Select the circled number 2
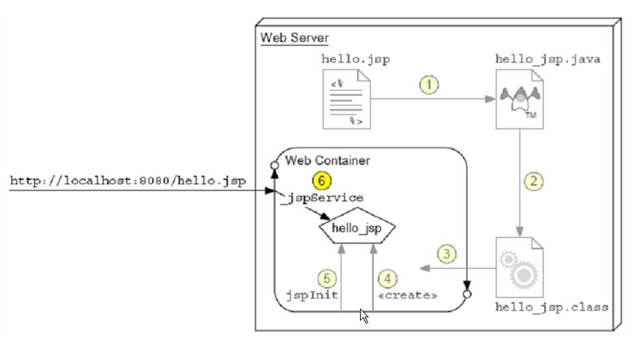point(533,181)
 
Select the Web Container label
point(327,161)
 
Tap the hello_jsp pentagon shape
point(356,229)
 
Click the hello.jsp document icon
point(348,100)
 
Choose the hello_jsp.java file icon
point(519,100)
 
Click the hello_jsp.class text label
point(551,308)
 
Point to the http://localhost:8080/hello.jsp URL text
point(128,181)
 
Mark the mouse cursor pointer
point(364,316)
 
